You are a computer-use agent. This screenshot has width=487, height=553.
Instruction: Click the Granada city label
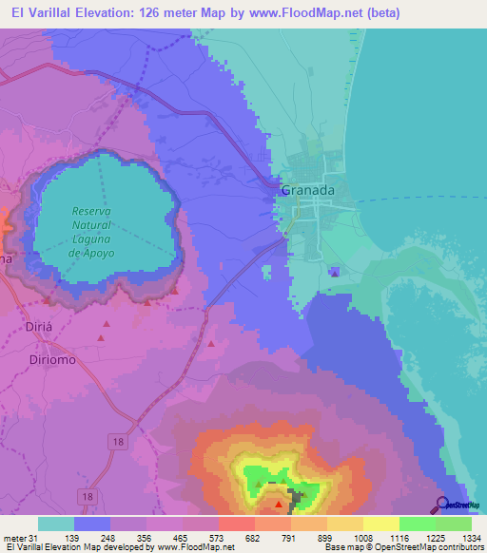(307, 190)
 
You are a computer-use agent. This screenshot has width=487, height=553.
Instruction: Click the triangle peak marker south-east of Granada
(334, 273)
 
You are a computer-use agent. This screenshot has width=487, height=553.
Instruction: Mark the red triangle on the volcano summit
(278, 491)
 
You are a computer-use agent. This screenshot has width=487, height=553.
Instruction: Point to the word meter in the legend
(16, 538)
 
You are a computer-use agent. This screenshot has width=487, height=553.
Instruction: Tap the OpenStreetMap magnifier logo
(443, 505)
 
